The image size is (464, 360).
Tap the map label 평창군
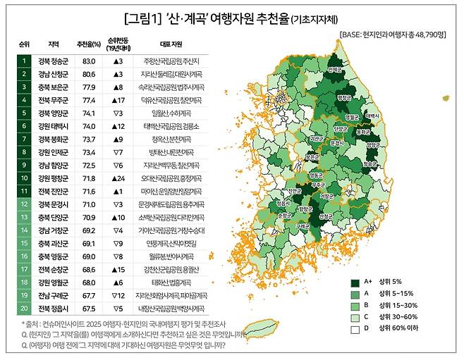(x=344, y=98)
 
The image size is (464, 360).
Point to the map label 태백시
(x=373, y=115)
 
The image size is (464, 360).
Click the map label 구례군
(x=303, y=226)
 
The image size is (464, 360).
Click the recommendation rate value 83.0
(x=88, y=61)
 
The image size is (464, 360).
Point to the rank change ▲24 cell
(x=118, y=178)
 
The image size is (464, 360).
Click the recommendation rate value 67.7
(x=88, y=294)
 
